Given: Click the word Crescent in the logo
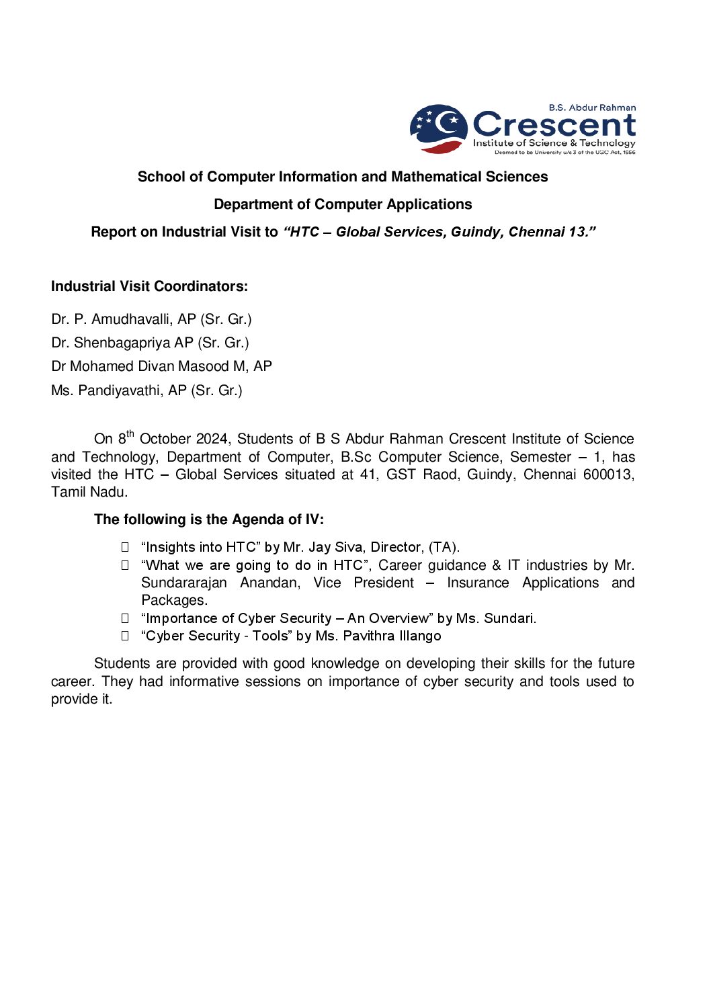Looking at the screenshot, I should [x=554, y=125].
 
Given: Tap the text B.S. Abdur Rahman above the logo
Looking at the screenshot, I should [x=592, y=108].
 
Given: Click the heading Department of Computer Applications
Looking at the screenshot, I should [x=343, y=204].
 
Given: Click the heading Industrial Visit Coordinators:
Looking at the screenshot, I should [x=149, y=286].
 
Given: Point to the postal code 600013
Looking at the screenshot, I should [x=608, y=474].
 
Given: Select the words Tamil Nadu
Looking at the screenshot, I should [x=89, y=492].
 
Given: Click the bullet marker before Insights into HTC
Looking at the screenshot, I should [x=125, y=547].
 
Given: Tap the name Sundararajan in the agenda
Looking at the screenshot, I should [x=183, y=583].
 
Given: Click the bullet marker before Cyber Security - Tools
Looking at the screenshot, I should [x=125, y=636].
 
